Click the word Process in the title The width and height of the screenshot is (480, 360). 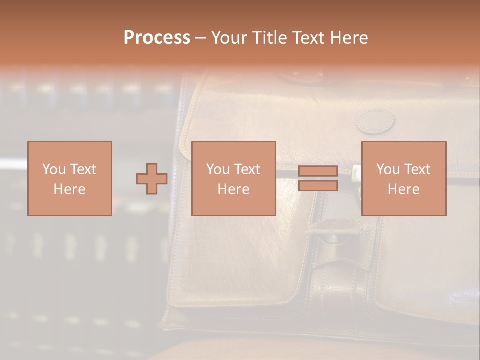[x=157, y=38]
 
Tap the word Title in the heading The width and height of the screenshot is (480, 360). [x=269, y=38]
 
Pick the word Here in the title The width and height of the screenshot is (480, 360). [x=349, y=38]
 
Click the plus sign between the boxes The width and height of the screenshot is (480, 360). [x=152, y=179]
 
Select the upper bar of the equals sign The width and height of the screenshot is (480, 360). [x=318, y=171]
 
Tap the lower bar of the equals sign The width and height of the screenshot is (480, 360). [x=318, y=186]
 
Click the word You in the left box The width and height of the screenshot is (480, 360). [x=53, y=169]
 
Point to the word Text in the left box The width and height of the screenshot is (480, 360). [x=83, y=169]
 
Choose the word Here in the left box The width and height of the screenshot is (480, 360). [x=69, y=189]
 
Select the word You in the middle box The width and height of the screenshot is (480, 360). [x=218, y=169]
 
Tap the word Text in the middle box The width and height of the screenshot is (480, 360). [x=247, y=169]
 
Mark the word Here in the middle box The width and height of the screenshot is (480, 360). [x=233, y=189]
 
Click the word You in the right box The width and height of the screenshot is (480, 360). [x=388, y=169]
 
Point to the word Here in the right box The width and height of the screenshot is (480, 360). [x=403, y=189]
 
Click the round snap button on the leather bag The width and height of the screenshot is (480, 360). [x=375, y=121]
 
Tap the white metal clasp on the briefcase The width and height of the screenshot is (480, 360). [x=356, y=173]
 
